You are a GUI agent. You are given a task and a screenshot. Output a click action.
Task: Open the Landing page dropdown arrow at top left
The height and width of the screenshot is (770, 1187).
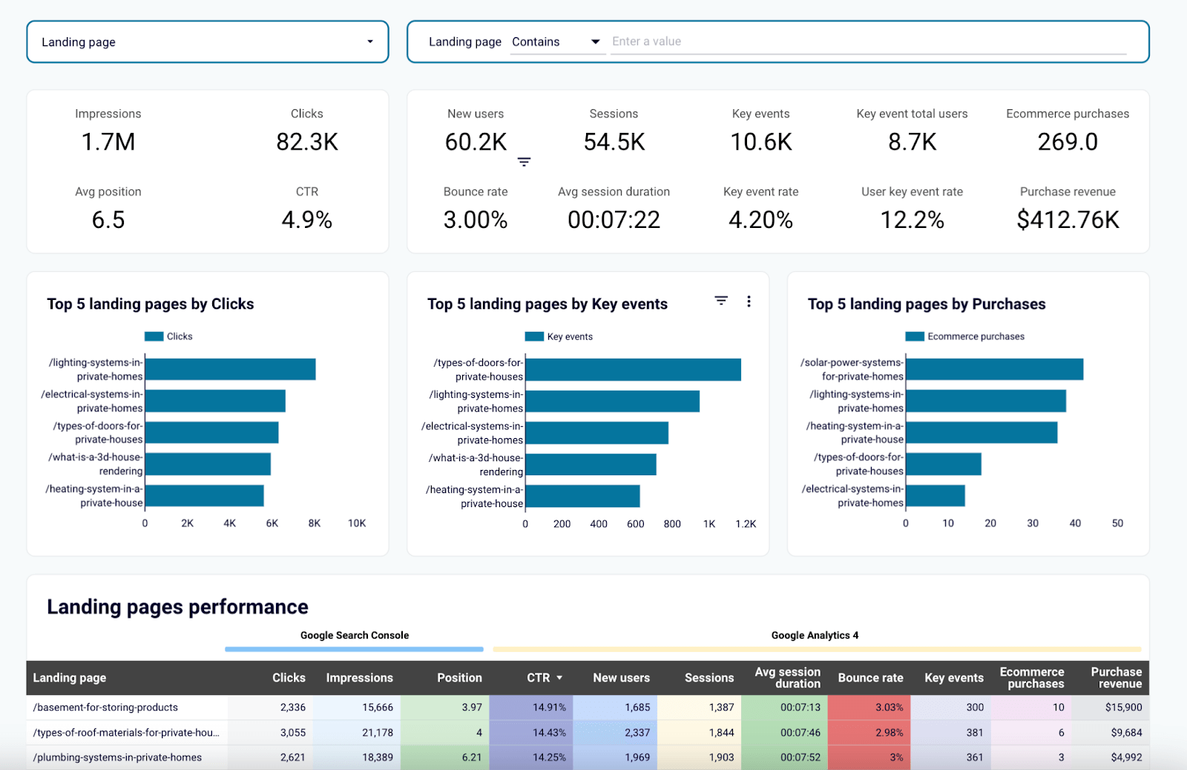pos(369,42)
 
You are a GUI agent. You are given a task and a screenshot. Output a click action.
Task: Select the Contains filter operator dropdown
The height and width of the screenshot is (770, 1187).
pos(556,42)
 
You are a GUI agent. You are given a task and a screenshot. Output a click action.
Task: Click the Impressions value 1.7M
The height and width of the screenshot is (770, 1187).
pos(108,142)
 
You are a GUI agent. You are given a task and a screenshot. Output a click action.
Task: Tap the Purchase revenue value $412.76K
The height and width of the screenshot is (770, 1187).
pos(1067,220)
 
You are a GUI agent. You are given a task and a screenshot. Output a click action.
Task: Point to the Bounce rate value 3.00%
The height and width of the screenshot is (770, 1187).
pos(476,220)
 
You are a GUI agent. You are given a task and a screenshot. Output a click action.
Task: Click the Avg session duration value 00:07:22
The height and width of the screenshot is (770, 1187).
pos(614,220)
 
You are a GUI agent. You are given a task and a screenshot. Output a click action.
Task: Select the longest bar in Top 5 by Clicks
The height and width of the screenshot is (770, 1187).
pos(230,369)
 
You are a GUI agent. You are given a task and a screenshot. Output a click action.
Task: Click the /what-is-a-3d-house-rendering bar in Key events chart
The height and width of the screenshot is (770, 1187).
pos(591,464)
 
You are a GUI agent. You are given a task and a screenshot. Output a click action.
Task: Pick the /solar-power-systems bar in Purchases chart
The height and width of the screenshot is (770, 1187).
pos(994,369)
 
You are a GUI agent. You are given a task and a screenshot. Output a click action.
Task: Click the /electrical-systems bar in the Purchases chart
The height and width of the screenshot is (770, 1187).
pos(935,496)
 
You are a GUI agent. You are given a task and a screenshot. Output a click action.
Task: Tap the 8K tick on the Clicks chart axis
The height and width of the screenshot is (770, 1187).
pos(315,523)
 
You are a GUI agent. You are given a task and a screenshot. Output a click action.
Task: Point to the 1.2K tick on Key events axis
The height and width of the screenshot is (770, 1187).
pos(746,524)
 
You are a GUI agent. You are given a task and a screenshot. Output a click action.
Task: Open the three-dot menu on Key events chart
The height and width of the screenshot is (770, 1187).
pos(749,301)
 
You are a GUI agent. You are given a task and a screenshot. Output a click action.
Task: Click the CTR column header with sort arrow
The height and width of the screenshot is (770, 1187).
pos(545,678)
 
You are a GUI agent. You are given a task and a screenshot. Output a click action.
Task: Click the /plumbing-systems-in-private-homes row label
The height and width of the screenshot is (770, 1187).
pos(117,757)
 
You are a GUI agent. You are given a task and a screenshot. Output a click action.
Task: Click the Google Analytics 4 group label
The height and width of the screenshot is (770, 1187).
pos(815,636)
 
